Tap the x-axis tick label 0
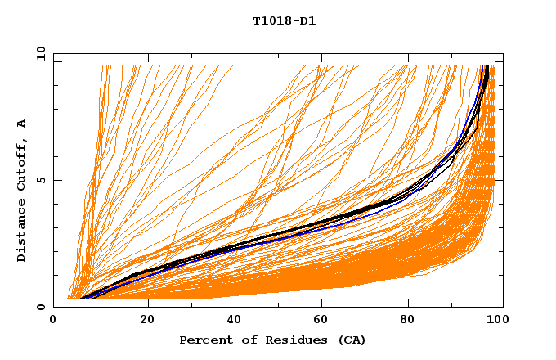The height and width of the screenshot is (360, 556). tap(54, 320)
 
